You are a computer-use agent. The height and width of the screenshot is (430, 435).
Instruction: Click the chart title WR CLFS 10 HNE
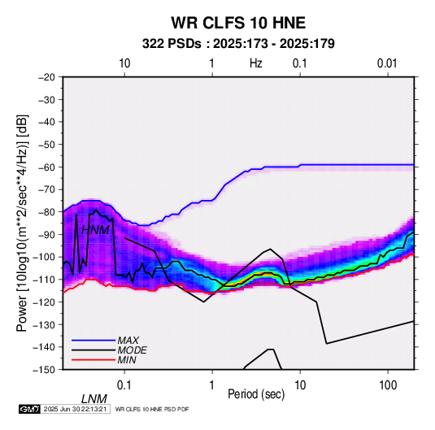[x=238, y=23]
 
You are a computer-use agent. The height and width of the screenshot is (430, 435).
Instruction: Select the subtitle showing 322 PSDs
[x=238, y=44]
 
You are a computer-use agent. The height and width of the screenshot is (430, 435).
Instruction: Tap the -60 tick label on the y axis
[x=46, y=167]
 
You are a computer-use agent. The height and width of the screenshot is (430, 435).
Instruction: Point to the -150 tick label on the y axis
[x=44, y=370]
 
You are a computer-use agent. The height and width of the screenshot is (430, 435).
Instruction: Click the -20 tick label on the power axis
[x=46, y=77]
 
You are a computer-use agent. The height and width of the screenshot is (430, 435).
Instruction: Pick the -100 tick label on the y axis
[x=44, y=257]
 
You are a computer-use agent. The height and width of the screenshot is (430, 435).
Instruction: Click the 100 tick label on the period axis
[x=388, y=385]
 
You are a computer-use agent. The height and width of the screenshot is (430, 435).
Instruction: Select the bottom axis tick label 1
[x=212, y=385]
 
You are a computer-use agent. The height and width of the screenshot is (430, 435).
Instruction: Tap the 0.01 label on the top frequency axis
[x=387, y=63]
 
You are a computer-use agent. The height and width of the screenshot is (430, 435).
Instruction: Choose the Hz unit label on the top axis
[x=256, y=63]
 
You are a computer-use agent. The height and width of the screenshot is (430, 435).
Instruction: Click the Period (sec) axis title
[x=256, y=394]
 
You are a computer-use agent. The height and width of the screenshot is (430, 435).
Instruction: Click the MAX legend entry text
[x=128, y=341]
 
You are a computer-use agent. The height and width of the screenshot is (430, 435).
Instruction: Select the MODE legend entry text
[x=132, y=350]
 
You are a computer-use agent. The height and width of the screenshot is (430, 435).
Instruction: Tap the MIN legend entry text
[x=127, y=360]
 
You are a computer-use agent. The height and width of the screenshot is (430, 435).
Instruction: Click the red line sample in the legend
[x=94, y=360]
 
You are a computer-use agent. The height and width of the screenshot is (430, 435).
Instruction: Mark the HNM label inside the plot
[x=95, y=230]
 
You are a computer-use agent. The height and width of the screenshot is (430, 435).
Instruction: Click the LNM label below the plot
[x=94, y=399]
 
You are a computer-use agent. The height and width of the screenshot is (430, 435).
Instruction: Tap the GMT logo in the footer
[x=30, y=409]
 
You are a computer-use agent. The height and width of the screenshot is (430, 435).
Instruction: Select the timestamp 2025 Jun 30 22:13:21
[x=75, y=409]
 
